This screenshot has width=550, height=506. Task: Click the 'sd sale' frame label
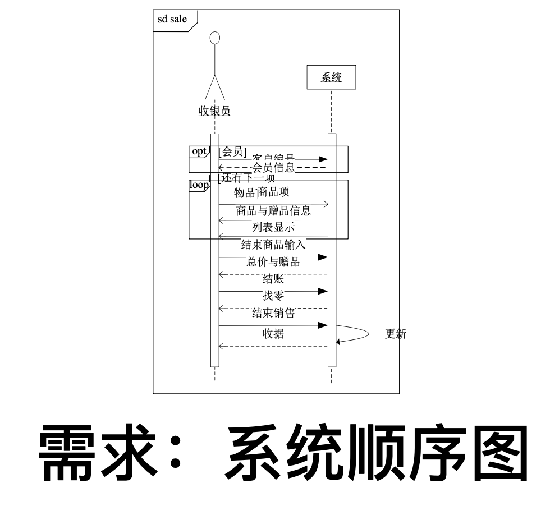pos(172,20)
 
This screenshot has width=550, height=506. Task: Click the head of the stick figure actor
pos(214,39)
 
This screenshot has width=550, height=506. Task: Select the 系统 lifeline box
pos(331,78)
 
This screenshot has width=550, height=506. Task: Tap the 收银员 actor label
pos(214,111)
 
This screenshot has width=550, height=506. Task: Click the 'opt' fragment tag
pos(199,151)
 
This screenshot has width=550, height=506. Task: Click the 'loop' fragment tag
pos(198,185)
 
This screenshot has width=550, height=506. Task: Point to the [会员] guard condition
pos(232,151)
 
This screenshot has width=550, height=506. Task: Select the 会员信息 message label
pos(273,167)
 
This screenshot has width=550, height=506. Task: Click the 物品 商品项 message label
pos(262,192)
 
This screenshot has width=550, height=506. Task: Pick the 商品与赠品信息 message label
pos(273,211)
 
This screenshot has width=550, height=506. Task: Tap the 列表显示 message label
pos(273,227)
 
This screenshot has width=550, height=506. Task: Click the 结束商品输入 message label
pos(273,244)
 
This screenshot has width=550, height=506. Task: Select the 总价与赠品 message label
pos(273,261)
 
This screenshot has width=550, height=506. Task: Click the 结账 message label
pos(273,279)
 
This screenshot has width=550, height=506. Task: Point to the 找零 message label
pos(273,296)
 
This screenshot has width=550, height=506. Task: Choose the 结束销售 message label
pos(273,313)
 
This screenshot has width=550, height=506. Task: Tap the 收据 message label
pos(273,334)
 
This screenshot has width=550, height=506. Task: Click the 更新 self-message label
pos(395,334)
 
